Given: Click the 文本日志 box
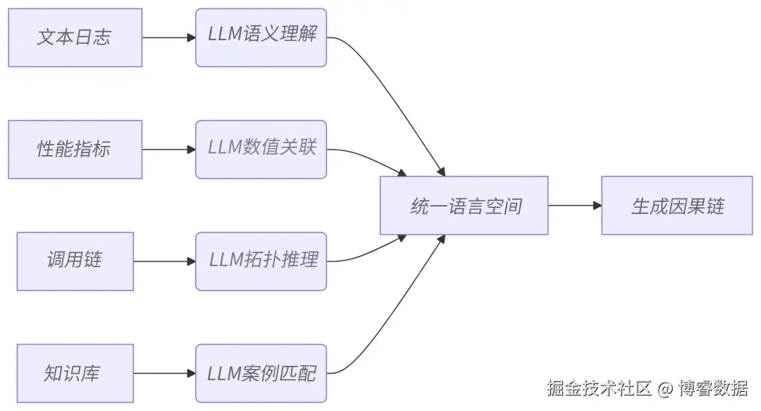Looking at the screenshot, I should [75, 37].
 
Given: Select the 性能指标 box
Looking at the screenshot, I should [75, 149].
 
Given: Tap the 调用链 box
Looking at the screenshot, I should [75, 261].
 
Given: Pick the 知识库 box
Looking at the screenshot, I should [75, 373].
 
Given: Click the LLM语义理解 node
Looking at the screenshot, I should [261, 37].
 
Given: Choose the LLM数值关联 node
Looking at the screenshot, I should [261, 149].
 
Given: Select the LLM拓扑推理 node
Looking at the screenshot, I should [261, 261].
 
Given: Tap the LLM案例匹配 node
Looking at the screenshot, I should [261, 373].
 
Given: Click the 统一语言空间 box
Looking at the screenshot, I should [464, 205].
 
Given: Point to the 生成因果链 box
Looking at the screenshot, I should [676, 205].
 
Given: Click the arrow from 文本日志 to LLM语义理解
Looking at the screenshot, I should [168, 37].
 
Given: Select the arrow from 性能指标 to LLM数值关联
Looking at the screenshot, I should [168, 149].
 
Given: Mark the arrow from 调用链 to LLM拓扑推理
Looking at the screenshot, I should [164, 261].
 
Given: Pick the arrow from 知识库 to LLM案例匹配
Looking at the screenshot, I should [164, 373].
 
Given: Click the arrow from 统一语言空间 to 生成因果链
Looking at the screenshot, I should [574, 205].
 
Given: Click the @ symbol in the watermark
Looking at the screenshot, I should [664, 388].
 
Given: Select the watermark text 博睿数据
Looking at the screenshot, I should [713, 388].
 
